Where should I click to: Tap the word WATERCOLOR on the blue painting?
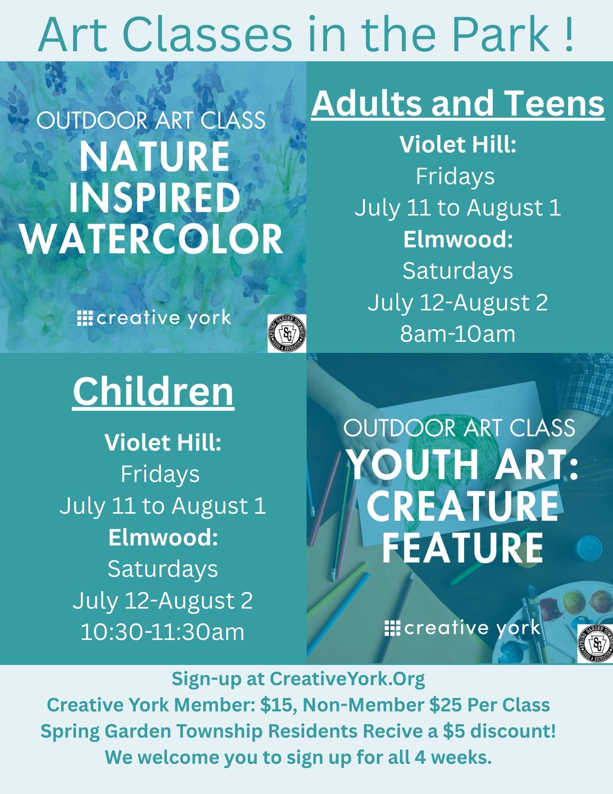tap(152, 240)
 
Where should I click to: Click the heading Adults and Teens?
tap(458, 103)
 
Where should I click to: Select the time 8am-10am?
tap(457, 334)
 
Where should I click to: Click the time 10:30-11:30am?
tap(162, 632)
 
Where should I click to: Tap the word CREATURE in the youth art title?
tap(462, 506)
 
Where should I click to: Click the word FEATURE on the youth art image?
tap(462, 548)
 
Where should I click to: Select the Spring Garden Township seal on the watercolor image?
tap(287, 333)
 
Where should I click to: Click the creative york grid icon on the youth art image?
tap(393, 628)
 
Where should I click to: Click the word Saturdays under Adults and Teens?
tap(458, 271)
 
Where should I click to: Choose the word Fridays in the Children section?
tap(160, 474)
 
